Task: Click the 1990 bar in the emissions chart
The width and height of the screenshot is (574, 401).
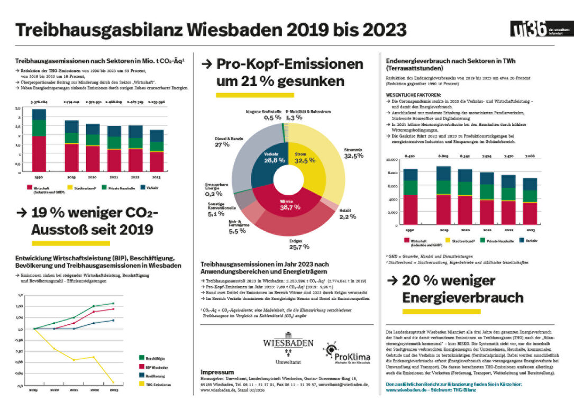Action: click(39, 140)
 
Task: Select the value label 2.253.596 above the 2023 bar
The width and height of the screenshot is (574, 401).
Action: click(156, 102)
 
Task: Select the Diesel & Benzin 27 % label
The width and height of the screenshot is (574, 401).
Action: click(229, 141)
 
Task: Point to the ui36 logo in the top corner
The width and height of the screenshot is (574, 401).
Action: click(529, 30)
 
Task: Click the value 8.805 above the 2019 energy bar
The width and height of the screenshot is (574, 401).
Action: click(443, 156)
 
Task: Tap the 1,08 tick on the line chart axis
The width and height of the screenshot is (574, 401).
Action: click(21, 306)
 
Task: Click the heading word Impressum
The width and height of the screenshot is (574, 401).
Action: click(217, 372)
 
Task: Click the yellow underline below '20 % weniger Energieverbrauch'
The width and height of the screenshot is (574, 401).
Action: click(441, 312)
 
